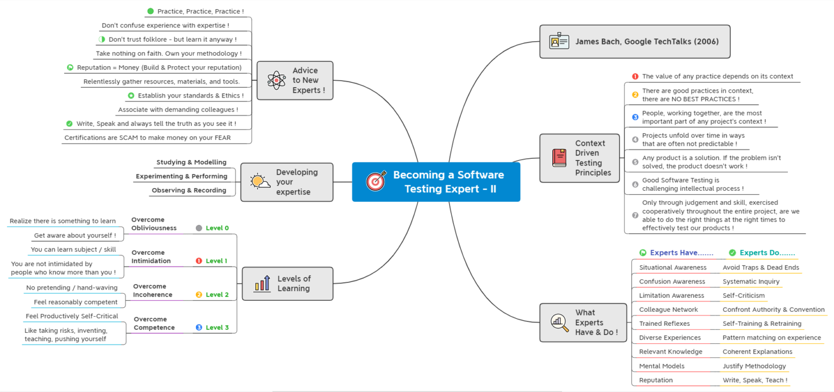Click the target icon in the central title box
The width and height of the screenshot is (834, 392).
tap(376, 182)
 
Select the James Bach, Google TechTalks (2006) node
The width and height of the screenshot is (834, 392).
tap(646, 41)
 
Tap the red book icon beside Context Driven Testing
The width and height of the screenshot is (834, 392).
tap(559, 158)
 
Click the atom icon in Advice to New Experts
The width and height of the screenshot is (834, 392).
tap(276, 80)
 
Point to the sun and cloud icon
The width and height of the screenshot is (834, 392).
tap(260, 182)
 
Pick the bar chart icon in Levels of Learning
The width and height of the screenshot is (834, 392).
tap(262, 284)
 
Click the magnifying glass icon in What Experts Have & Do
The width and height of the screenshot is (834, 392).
tap(559, 322)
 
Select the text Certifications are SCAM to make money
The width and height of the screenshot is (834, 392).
tap(148, 138)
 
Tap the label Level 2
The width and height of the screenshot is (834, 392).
tap(217, 294)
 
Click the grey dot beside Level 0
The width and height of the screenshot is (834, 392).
tap(199, 228)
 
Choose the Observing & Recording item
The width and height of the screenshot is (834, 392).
tap(189, 190)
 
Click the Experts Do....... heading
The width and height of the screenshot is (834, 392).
tap(767, 253)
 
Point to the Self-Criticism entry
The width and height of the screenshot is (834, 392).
tap(743, 295)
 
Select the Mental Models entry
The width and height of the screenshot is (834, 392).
tap(661, 366)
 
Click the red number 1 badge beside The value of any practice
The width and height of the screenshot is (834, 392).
tap(635, 76)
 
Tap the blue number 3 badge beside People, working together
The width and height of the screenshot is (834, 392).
tap(635, 117)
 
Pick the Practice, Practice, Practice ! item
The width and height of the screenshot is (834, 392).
tap(200, 11)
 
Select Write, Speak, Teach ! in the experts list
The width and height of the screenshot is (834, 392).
tap(755, 380)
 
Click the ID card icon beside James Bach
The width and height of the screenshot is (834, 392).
tap(559, 41)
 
